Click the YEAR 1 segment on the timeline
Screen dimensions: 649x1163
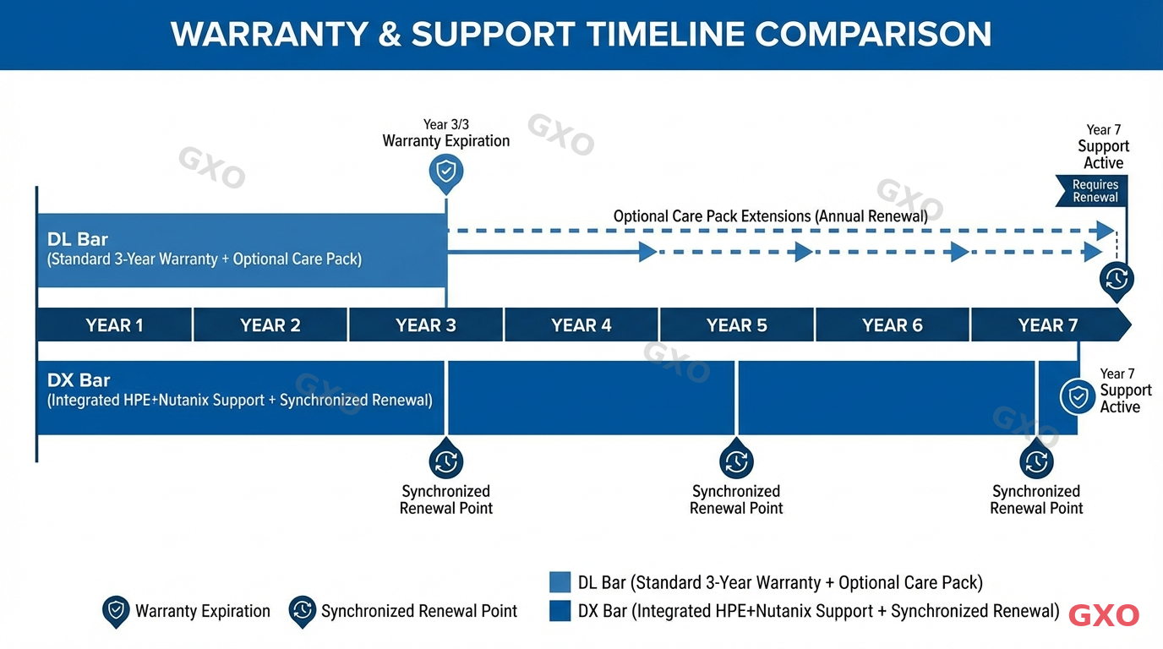(114, 325)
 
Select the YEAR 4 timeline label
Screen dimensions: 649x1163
(581, 325)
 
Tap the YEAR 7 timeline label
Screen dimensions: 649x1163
(1047, 325)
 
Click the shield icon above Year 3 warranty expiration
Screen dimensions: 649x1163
(446, 172)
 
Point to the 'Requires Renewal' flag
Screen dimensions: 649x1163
(1094, 191)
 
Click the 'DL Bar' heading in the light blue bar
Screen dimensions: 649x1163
(78, 239)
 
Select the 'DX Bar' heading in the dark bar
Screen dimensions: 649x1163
(79, 380)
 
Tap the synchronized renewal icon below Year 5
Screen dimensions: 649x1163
(736, 461)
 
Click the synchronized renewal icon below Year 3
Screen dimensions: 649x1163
(445, 461)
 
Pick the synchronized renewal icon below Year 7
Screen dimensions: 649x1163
(1036, 461)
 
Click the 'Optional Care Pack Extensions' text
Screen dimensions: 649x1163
(770, 216)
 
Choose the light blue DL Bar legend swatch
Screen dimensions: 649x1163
(560, 582)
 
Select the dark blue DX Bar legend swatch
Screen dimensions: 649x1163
(560, 611)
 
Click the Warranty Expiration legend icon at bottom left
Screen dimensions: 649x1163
(116, 611)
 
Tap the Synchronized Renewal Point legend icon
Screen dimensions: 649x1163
(302, 611)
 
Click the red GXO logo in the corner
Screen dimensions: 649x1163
(1104, 616)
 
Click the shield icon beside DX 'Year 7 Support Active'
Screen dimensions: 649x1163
(1078, 396)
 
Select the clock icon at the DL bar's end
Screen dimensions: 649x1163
(1116, 279)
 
